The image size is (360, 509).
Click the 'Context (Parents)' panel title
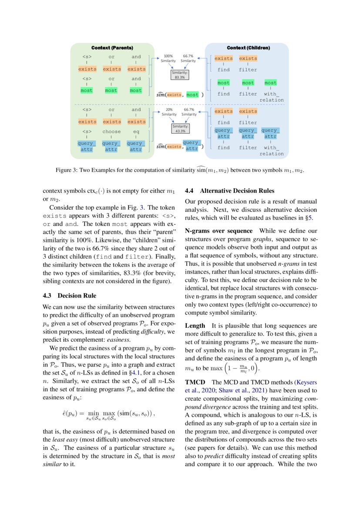click(x=112, y=47)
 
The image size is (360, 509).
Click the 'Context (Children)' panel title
click(x=248, y=47)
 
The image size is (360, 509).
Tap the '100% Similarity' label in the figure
click(x=168, y=58)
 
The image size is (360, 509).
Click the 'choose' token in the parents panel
click(x=111, y=131)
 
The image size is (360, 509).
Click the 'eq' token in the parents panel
click(x=136, y=131)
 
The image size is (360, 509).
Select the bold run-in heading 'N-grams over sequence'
click(x=219, y=231)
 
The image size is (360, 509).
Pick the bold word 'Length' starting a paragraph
click(x=195, y=325)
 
